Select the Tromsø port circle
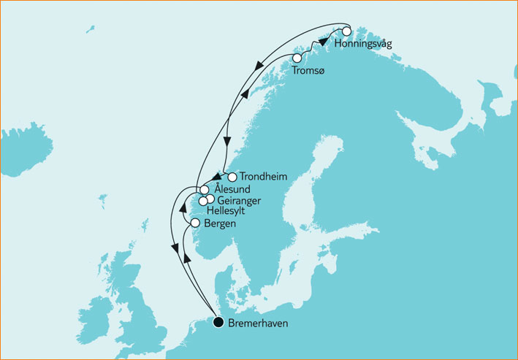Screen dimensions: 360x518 pos(297,58)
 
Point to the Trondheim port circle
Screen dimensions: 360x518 pos(232,177)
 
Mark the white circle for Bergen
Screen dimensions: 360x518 pos(195,223)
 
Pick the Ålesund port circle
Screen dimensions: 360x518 pos(205,189)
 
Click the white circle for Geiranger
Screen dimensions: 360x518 pos(210,199)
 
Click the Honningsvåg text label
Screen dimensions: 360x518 pos(363,45)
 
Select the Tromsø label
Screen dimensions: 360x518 pos(306,71)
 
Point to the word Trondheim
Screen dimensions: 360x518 pos(262,177)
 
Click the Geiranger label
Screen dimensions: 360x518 pos(240,200)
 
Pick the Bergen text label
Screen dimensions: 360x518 pos(221,224)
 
